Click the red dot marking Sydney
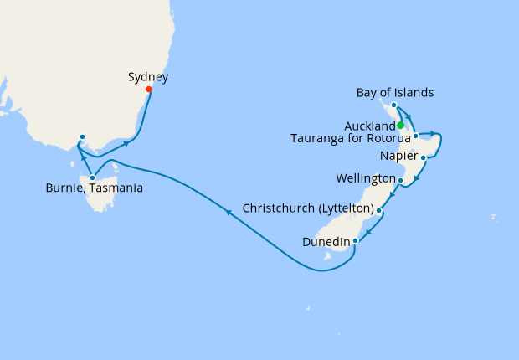pyautogui.click(x=149, y=90)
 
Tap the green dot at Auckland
pyautogui.click(x=400, y=126)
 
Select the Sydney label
pyautogui.click(x=148, y=77)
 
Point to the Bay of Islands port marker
pyautogui.click(x=393, y=105)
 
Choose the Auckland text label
pyautogui.click(x=369, y=126)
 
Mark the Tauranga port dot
pyautogui.click(x=415, y=136)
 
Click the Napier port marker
pyautogui.click(x=424, y=157)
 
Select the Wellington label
pyautogui.click(x=365, y=179)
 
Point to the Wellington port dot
pyautogui.click(x=401, y=180)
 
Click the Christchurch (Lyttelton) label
pyautogui.click(x=307, y=208)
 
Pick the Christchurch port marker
pyautogui.click(x=379, y=211)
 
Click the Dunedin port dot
pyautogui.click(x=356, y=241)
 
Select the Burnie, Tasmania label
pyautogui.click(x=94, y=188)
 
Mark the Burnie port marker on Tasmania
pyautogui.click(x=92, y=177)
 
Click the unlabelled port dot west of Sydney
pyautogui.click(x=82, y=137)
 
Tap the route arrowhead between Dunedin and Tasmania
pyautogui.click(x=229, y=213)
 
